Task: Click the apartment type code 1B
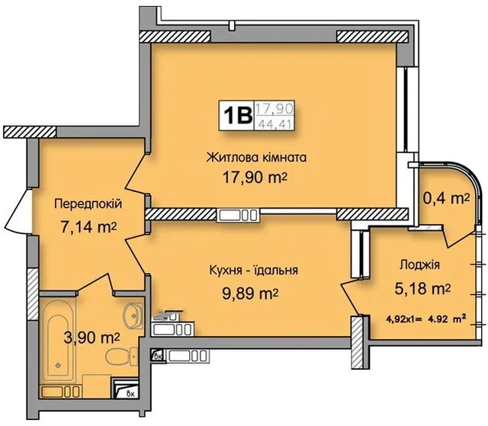236,115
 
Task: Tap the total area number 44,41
274,124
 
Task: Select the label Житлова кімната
257,158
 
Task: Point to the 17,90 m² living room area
255,178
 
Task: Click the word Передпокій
88,204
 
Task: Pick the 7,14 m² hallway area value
88,227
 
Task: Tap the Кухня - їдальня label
254,270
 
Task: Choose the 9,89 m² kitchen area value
250,293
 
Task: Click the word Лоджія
419,265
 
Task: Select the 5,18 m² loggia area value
422,289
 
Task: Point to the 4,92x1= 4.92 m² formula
425,319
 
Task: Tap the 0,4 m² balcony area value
446,198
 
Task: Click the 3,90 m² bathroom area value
91,338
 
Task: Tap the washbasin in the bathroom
133,315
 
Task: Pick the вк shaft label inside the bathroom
130,394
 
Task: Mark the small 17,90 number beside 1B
274,109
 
